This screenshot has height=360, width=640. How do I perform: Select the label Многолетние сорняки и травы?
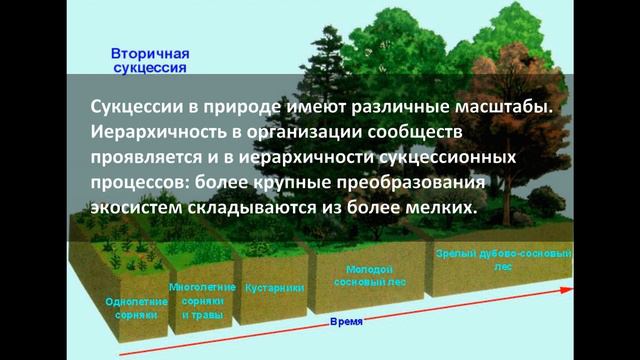[202, 300]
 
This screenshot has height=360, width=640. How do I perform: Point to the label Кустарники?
[274, 287]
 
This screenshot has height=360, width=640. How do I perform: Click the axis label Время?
[346, 323]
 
